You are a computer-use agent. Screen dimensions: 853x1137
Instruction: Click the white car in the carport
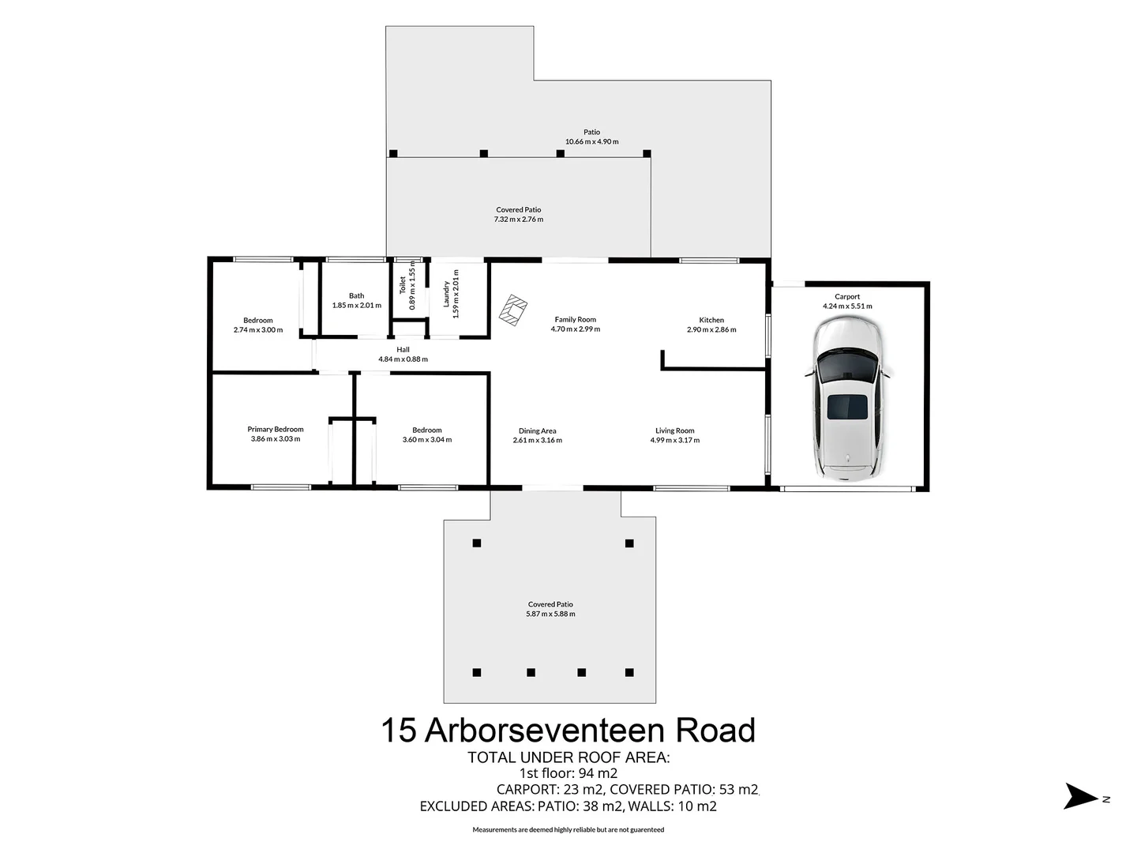[847, 399]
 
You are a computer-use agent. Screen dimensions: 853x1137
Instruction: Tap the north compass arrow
[1080, 796]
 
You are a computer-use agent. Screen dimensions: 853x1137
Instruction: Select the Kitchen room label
[711, 320]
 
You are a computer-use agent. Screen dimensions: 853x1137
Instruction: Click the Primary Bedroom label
[276, 430]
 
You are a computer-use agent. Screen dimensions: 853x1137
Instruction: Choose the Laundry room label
[446, 294]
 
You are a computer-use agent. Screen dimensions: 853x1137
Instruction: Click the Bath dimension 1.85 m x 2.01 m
[356, 306]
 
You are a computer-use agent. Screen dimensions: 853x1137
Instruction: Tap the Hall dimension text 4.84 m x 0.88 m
[403, 359]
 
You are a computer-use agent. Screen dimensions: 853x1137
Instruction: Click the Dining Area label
[537, 431]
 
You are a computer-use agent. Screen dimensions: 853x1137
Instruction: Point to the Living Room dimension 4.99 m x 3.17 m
[674, 441]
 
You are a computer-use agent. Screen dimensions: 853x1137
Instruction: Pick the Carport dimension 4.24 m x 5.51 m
[847, 306]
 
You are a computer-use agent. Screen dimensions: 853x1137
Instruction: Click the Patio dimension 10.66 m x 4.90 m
[591, 142]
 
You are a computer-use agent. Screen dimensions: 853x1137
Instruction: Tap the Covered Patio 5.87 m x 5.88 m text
[550, 614]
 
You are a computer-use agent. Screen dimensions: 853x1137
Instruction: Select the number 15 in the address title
[399, 731]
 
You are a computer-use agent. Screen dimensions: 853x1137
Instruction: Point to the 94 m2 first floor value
[598, 773]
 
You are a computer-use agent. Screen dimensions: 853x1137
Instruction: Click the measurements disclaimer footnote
[568, 830]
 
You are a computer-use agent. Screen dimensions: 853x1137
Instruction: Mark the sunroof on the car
[847, 408]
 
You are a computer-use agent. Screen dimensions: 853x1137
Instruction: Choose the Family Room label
[575, 320]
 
